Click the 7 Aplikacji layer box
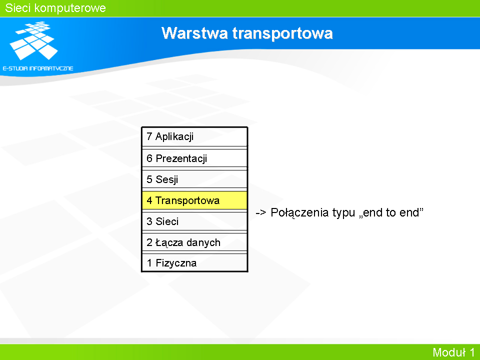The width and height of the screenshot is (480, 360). point(194,136)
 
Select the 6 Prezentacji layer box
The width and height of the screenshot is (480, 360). point(194,158)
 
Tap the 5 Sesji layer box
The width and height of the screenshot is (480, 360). point(194,179)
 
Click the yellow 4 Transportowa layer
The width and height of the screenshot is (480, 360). point(194,200)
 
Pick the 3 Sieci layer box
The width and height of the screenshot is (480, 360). point(194,221)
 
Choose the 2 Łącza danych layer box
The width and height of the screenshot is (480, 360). point(194,242)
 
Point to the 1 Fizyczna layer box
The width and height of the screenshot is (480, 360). point(194,262)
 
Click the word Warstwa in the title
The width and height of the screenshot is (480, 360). point(194,33)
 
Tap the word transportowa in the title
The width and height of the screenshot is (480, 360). point(282,33)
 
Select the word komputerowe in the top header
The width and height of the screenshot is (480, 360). point(70,8)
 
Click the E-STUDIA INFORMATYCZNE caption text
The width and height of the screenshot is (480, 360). point(38,68)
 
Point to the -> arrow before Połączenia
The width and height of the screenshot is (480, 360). point(261,212)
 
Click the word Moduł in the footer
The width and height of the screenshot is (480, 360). point(449,352)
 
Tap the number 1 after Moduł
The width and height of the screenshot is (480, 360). point(471,352)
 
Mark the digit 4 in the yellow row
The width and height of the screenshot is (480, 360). point(149,200)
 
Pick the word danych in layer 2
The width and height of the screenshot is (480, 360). point(203,243)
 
